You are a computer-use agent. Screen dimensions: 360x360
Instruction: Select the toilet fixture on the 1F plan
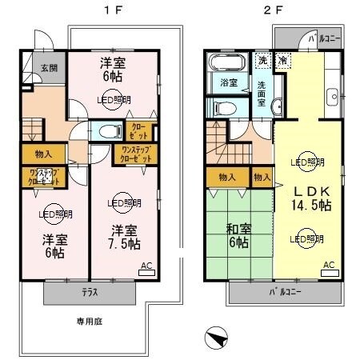coord(106,131)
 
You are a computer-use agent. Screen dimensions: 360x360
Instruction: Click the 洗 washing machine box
coord(262,59)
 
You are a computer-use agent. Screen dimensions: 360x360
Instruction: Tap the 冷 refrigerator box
coord(282,59)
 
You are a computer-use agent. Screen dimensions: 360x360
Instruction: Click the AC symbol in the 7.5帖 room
coord(147,267)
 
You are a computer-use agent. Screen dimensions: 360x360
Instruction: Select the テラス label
coord(89,293)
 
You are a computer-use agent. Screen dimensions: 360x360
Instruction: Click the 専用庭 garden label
coord(90,322)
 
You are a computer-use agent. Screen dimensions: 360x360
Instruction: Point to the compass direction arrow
coord(217,339)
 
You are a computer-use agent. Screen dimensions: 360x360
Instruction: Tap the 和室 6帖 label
coord(240,234)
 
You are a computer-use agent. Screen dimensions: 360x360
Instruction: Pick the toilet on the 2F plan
coord(225,106)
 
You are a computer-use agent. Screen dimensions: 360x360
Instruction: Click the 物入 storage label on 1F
coord(43,154)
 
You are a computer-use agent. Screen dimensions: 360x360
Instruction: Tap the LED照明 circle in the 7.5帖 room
coord(120,202)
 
